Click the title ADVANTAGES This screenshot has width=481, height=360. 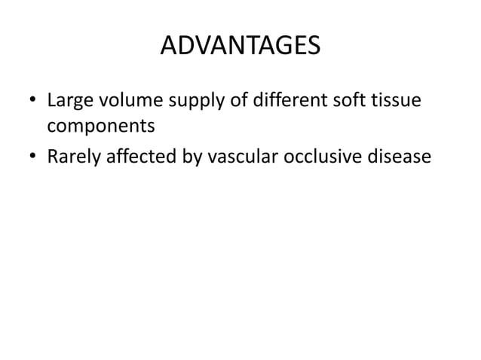tap(240, 47)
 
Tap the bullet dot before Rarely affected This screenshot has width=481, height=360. tap(32, 157)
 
